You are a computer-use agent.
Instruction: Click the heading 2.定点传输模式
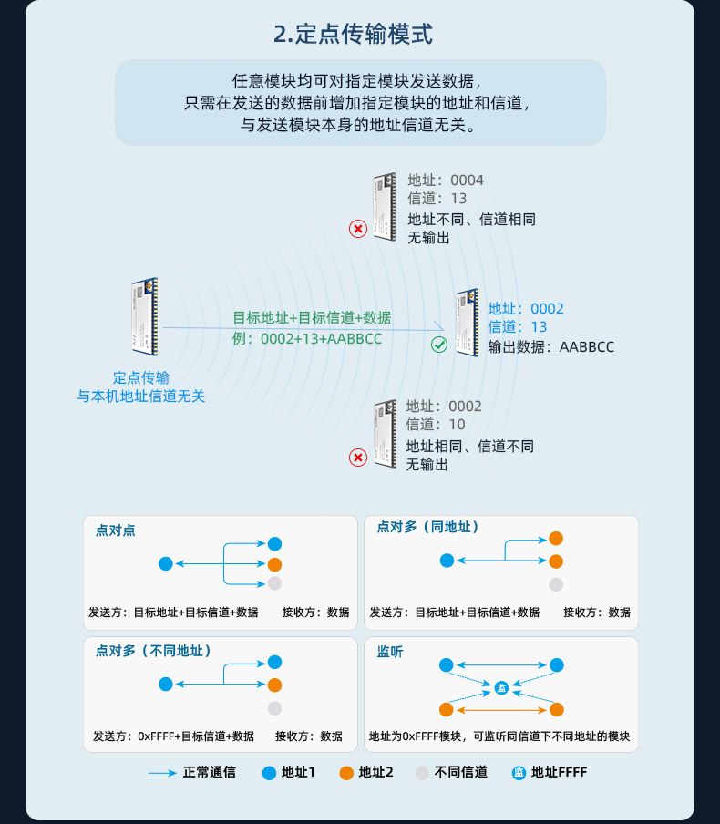point(353,35)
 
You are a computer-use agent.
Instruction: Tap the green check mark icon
point(439,345)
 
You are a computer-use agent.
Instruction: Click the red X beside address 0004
point(358,229)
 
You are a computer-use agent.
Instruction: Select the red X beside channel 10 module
point(358,457)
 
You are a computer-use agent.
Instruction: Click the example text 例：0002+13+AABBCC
point(307,339)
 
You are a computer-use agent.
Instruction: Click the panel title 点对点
point(115,530)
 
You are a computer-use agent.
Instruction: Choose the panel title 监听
point(390,652)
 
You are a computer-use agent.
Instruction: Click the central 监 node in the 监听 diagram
point(501,686)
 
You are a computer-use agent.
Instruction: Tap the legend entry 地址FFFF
point(559,772)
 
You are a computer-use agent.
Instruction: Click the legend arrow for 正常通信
point(162,773)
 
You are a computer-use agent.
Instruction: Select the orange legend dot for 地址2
point(345,773)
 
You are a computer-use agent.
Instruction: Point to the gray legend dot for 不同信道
point(421,773)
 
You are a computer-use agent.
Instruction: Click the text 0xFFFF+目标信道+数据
point(196,736)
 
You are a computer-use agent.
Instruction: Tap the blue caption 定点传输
point(141,377)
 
